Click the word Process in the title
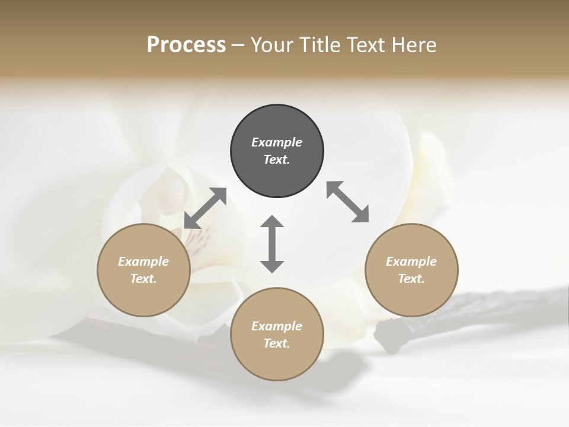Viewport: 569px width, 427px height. click(x=186, y=45)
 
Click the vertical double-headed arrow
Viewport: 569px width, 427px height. click(x=272, y=244)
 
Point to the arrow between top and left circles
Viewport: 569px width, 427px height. click(x=205, y=208)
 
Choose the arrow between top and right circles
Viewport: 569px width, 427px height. click(x=348, y=202)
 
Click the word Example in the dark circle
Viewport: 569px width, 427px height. click(x=277, y=142)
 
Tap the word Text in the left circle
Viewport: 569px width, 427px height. click(x=143, y=279)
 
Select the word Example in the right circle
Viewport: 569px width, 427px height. click(x=411, y=262)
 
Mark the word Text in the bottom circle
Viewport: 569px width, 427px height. click(x=277, y=343)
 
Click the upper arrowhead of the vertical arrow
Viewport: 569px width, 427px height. click(x=272, y=222)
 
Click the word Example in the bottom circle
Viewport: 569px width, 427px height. click(x=277, y=326)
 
